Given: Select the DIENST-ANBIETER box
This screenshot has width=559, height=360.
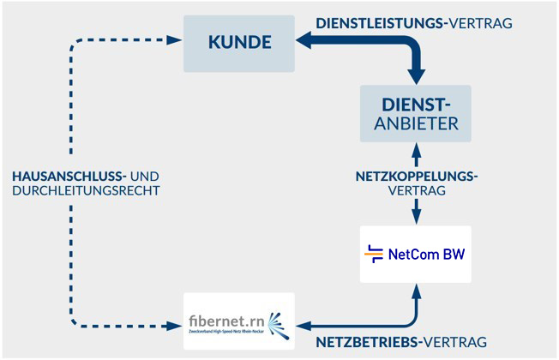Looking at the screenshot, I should (416, 113).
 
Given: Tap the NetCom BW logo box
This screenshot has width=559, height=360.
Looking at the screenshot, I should (416, 254).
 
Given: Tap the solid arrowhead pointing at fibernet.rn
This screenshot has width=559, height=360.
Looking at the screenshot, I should (301, 325).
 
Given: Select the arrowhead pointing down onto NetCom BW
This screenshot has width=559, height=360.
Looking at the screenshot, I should (417, 216).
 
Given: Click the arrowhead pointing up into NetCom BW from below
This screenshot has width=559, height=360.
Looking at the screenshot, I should (417, 291).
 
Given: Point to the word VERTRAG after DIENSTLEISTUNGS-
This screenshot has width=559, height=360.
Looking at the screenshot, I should (481, 22).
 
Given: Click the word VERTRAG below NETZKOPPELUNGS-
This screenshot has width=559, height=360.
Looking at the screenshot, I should (417, 192).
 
